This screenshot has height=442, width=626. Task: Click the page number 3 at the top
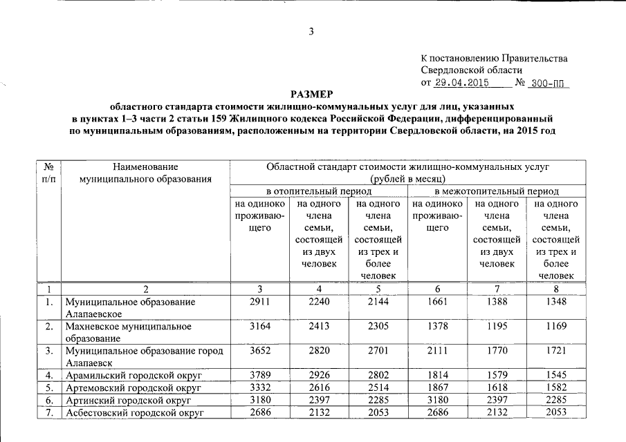coord(311,31)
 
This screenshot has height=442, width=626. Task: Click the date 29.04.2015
coord(461,83)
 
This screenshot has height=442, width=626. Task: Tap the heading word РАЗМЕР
coord(313,94)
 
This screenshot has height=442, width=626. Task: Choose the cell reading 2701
coord(378,351)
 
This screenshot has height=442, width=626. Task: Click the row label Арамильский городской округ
coord(133,376)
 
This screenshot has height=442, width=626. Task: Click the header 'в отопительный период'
coord(317,191)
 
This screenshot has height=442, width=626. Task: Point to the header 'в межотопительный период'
coord(497,191)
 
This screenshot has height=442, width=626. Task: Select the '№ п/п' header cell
coord(48,173)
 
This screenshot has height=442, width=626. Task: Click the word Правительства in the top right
coord(535,58)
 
